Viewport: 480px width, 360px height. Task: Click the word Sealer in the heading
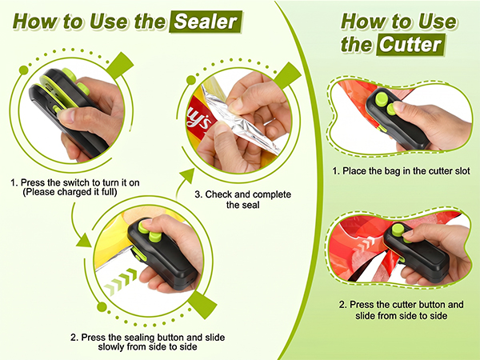(x=206, y=22)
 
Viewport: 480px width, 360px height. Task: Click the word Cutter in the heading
(x=410, y=45)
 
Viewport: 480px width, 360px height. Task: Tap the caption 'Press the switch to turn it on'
(x=75, y=182)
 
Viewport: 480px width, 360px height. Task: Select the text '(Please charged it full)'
(x=70, y=192)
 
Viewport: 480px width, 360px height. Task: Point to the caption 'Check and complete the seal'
(x=242, y=199)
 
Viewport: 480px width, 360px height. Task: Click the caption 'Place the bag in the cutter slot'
(x=401, y=171)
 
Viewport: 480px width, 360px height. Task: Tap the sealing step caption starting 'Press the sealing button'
(x=147, y=342)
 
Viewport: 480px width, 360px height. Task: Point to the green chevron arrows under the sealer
(x=121, y=282)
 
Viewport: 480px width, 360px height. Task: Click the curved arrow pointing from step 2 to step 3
(x=182, y=183)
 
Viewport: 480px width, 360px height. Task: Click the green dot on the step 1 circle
(x=23, y=70)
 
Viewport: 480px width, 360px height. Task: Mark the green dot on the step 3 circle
(x=191, y=80)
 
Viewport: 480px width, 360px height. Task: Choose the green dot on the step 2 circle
(x=102, y=306)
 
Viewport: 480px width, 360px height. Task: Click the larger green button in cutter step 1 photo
(x=382, y=99)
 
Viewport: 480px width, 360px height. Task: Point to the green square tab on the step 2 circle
(x=202, y=305)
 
